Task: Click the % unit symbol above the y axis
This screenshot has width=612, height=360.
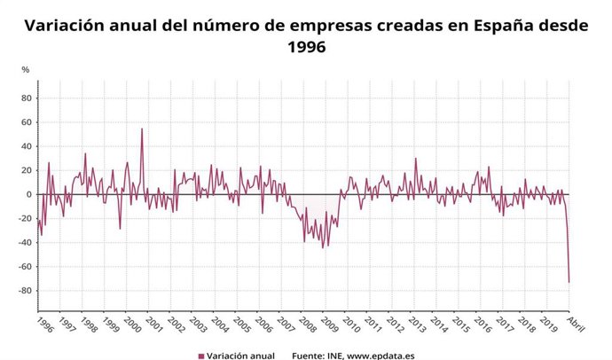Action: pyautogui.click(x=26, y=69)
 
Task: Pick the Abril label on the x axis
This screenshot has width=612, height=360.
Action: pyautogui.click(x=576, y=322)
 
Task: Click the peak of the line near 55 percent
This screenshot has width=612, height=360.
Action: pyautogui.click(x=142, y=129)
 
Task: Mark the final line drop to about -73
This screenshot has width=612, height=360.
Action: pyautogui.click(x=569, y=282)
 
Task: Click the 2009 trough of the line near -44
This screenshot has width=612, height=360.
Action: pyautogui.click(x=323, y=247)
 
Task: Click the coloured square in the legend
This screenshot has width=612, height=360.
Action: pyautogui.click(x=200, y=355)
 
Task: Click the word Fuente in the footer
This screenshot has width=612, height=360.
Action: pyautogui.click(x=310, y=355)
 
